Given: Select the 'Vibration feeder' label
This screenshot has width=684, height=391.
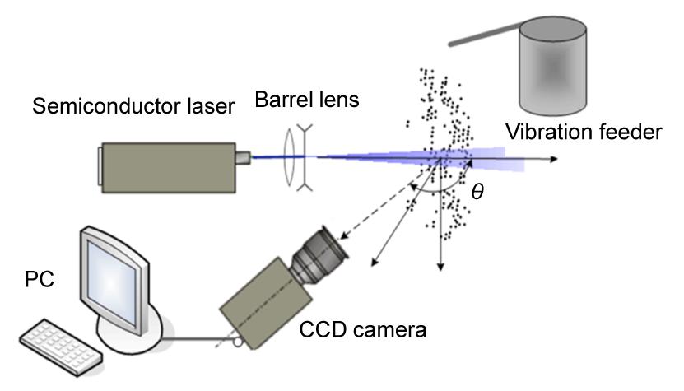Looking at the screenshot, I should click(584, 132).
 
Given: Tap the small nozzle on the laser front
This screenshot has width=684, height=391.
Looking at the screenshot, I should click(243, 156).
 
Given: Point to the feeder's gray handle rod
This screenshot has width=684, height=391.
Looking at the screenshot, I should click(486, 35).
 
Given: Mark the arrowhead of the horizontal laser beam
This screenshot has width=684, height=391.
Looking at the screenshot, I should click(556, 159).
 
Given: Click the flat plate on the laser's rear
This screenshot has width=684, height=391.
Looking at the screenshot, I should click(99, 165).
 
